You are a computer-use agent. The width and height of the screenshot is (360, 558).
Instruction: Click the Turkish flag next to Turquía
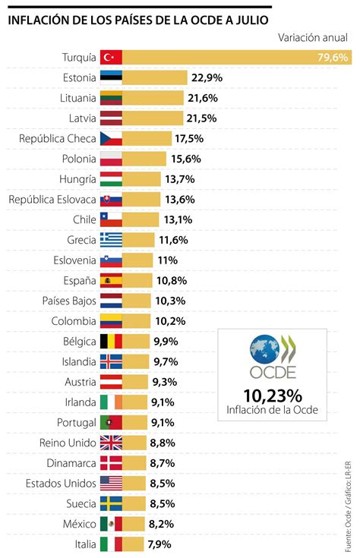[111, 57]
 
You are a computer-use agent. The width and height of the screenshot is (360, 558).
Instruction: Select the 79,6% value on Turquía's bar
[333, 57]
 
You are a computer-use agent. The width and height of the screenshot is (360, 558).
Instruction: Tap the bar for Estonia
[155, 77]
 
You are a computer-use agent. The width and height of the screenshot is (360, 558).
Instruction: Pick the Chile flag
[111, 219]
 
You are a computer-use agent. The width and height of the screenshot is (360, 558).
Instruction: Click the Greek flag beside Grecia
[111, 240]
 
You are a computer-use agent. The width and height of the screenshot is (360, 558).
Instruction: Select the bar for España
[137, 280]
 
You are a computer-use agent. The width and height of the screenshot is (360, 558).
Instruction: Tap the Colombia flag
[111, 321]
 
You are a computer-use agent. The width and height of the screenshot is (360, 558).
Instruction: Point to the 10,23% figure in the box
[273, 396]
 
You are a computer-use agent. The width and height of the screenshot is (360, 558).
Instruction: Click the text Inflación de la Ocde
[273, 411]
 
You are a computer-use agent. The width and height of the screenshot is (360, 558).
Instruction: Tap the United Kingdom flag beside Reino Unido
[111, 443]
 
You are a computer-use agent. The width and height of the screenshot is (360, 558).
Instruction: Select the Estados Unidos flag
[111, 483]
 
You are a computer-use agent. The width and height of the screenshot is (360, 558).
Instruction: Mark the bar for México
[134, 524]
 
